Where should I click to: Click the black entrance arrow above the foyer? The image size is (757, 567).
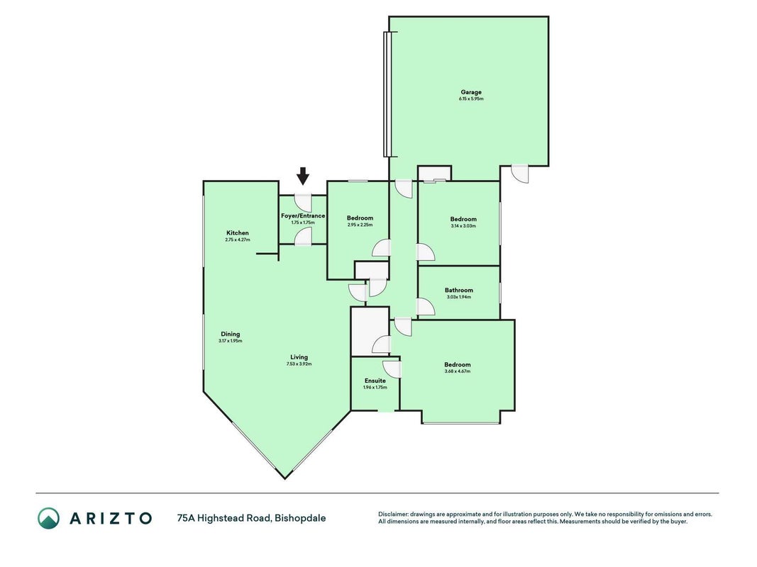click(x=303, y=176)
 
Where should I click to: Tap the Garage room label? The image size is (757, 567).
click(x=470, y=92)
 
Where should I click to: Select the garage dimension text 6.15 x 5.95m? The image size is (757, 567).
click(x=470, y=99)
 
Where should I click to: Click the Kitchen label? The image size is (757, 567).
click(x=238, y=233)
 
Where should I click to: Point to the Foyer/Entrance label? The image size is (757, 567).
click(x=303, y=216)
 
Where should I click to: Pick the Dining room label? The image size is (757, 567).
click(x=231, y=334)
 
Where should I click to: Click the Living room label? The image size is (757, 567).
click(x=299, y=357)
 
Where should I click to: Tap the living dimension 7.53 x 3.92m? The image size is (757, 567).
click(x=299, y=364)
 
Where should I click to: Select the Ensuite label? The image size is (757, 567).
click(x=375, y=381)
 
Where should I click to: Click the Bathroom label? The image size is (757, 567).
click(x=458, y=291)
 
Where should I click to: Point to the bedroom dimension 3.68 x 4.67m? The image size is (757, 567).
click(x=457, y=371)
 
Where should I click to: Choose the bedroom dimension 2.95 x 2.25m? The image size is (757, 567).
click(x=360, y=225)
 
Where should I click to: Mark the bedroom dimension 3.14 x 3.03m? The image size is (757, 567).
click(x=463, y=225)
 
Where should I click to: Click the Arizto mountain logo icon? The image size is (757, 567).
click(x=49, y=518)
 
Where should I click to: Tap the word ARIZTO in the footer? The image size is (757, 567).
click(x=111, y=518)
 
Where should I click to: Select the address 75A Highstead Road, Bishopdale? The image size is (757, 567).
click(x=252, y=518)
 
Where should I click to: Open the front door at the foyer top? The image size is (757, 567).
click(x=303, y=203)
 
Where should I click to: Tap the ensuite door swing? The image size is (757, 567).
click(x=392, y=369)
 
